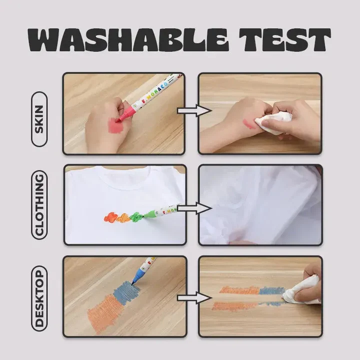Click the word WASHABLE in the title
tap(128, 40)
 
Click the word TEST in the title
tap(285, 39)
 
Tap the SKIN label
tap(39, 119)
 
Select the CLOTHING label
tap(39, 205)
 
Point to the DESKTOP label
tap(39, 298)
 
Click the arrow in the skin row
tap(194, 110)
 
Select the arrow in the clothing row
tap(194, 208)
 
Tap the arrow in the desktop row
tap(194, 298)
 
